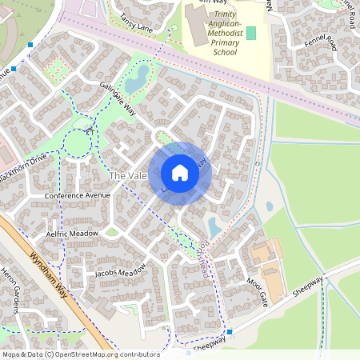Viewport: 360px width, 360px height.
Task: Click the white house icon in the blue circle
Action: pos(180,173)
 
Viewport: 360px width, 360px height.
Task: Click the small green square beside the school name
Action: pos(251,33)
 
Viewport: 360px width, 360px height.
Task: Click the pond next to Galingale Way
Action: pos(137,78)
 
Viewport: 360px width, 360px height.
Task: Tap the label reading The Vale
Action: pos(127,175)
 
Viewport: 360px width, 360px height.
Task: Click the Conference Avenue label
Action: pos(77,195)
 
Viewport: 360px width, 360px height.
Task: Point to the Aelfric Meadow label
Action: pos(72,233)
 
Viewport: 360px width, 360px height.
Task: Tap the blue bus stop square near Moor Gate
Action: pos(230,331)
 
